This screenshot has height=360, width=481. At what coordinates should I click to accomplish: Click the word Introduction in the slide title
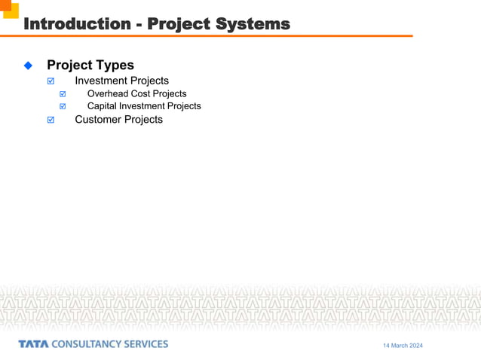(77, 24)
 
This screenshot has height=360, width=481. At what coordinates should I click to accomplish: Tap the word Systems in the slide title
(253, 24)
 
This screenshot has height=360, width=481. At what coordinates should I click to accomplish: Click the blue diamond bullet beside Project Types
(29, 66)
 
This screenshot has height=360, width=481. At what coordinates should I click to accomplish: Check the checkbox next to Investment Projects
(51, 81)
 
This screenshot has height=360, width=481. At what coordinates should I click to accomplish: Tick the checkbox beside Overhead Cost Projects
(63, 94)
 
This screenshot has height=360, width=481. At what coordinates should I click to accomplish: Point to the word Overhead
(109, 93)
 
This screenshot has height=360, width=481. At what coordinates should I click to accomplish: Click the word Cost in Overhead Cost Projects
(141, 93)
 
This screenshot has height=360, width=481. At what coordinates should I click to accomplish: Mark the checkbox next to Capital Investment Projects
(63, 107)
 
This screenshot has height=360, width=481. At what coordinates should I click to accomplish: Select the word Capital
(104, 106)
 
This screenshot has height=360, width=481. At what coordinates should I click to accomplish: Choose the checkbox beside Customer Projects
(51, 120)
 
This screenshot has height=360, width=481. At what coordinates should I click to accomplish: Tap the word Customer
(99, 119)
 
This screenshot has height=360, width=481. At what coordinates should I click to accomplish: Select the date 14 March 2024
(403, 346)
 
